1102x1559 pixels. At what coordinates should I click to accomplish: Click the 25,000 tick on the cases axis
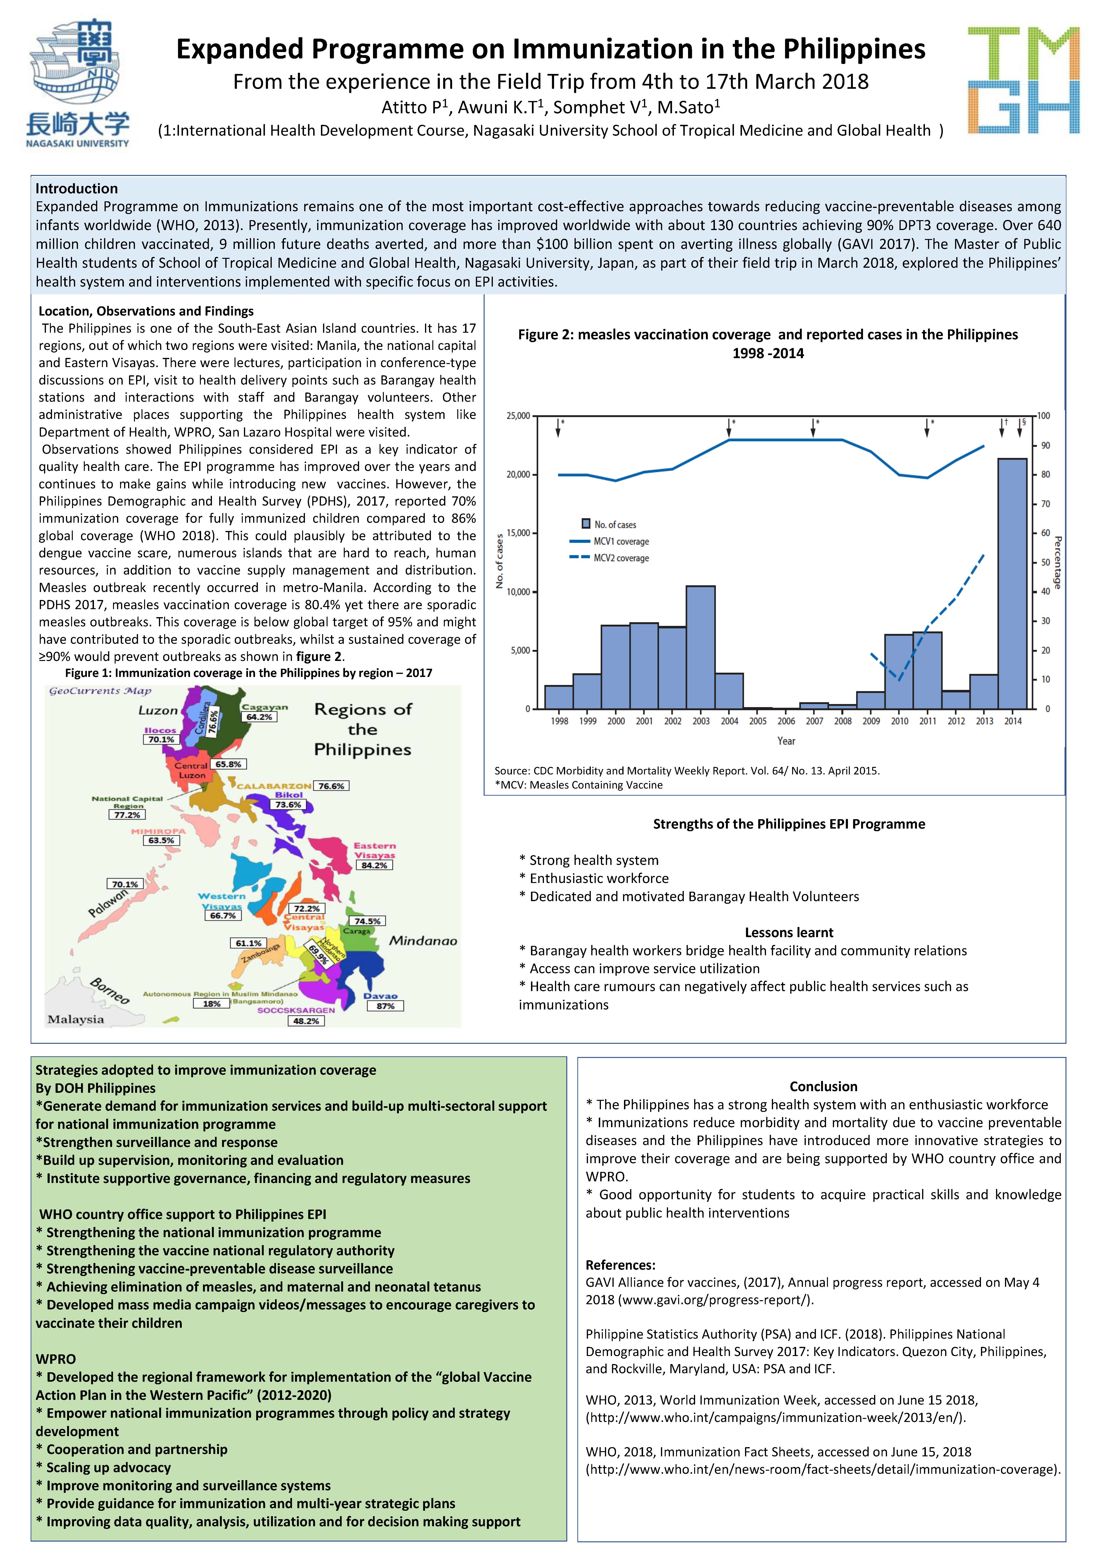point(518,416)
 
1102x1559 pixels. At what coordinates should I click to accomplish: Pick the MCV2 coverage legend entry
point(609,558)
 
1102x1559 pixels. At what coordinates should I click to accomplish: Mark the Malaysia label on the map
point(76,1019)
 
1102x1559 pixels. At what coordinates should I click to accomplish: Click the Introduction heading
point(77,189)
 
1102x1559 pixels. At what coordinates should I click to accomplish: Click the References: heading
point(620,1265)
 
